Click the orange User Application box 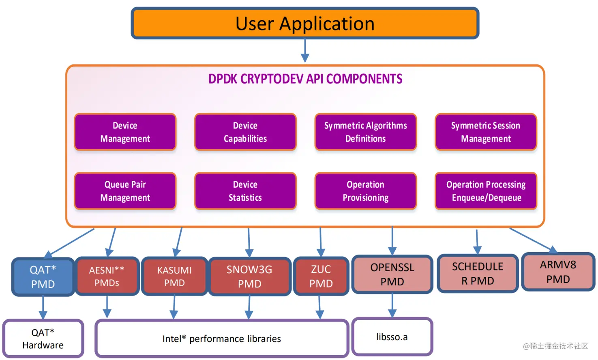(x=305, y=24)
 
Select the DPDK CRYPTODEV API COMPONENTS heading (x=305, y=79)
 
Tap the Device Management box (x=125, y=132)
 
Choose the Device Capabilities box (x=245, y=132)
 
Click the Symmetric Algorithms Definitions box (x=365, y=132)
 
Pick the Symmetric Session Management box (x=486, y=132)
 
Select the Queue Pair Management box (x=125, y=191)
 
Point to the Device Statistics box (x=245, y=191)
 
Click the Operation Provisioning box (x=365, y=191)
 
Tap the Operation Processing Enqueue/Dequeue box (x=486, y=191)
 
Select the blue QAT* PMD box (x=43, y=277)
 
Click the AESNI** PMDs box (x=107, y=276)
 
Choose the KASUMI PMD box (x=174, y=276)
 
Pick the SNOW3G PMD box (x=249, y=276)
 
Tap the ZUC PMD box (x=321, y=276)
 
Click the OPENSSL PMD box (x=392, y=274)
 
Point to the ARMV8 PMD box (x=558, y=272)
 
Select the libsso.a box (x=392, y=337)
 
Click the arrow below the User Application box (x=305, y=51)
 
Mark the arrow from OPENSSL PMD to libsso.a (x=392, y=306)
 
